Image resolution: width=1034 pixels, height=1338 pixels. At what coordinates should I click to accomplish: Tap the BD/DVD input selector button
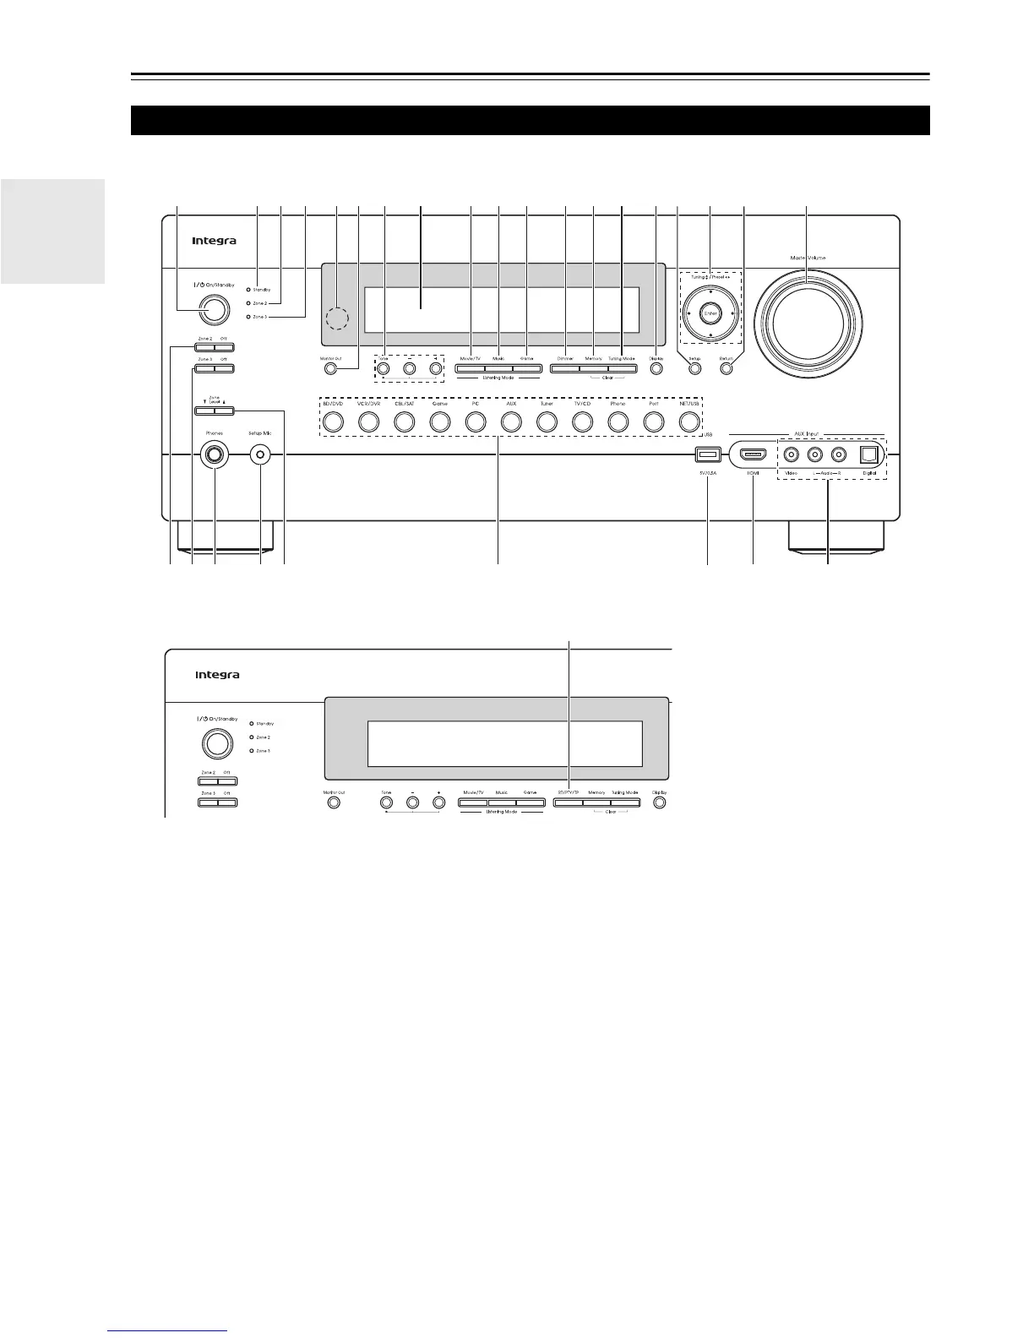pos(331,421)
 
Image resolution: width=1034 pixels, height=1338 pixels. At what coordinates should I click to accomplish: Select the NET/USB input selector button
pos(689,421)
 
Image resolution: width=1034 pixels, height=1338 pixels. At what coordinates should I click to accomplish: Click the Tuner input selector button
pos(546,421)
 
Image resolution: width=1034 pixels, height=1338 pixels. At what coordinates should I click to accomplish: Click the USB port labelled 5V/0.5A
pos(706,456)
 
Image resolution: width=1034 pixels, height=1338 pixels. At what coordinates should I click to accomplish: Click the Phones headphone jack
pos(215,456)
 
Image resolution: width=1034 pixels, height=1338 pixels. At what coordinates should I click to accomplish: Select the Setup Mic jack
pos(260,456)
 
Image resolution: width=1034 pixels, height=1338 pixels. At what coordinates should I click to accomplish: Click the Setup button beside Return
pos(695,368)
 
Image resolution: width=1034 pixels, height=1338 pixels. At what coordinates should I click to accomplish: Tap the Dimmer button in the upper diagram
pos(565,368)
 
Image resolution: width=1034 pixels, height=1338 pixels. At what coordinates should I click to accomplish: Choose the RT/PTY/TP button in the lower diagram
pos(568,802)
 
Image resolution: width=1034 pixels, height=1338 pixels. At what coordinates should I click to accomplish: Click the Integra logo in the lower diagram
pos(217,675)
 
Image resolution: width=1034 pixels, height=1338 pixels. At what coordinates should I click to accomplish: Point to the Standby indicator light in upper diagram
pos(248,290)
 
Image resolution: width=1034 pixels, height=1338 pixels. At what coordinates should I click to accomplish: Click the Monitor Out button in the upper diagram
pos(332,368)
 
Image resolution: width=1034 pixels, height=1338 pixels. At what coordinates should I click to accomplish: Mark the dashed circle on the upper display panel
pos(341,318)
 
